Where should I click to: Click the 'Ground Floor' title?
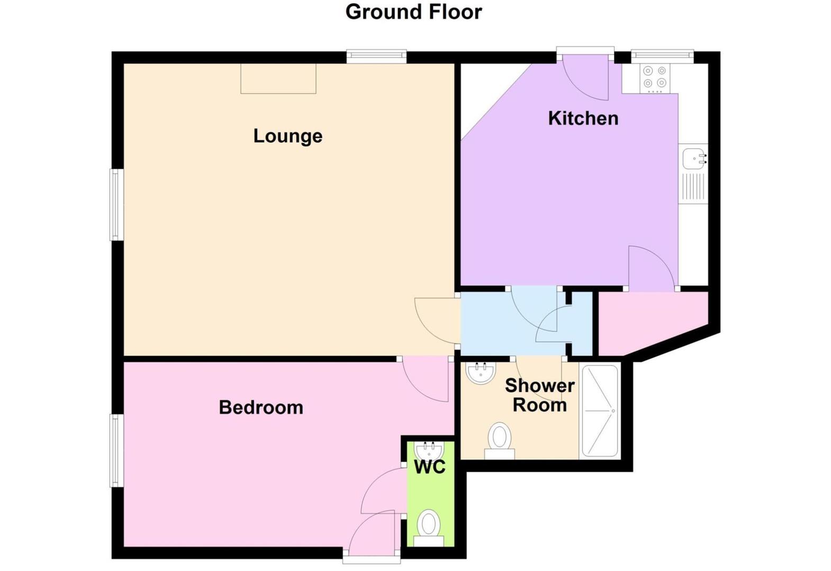(413, 12)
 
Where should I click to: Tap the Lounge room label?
(287, 136)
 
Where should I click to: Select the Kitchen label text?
(583, 118)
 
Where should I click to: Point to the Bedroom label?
(261, 407)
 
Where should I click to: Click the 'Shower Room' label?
(539, 395)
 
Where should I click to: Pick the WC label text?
(429, 467)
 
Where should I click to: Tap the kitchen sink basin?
(693, 158)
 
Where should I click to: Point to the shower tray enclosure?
(600, 410)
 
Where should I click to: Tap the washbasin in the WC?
(429, 451)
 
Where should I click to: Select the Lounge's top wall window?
(376, 56)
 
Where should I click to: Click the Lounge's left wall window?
(116, 204)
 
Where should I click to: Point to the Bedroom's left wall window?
(116, 450)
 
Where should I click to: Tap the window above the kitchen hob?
(662, 55)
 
